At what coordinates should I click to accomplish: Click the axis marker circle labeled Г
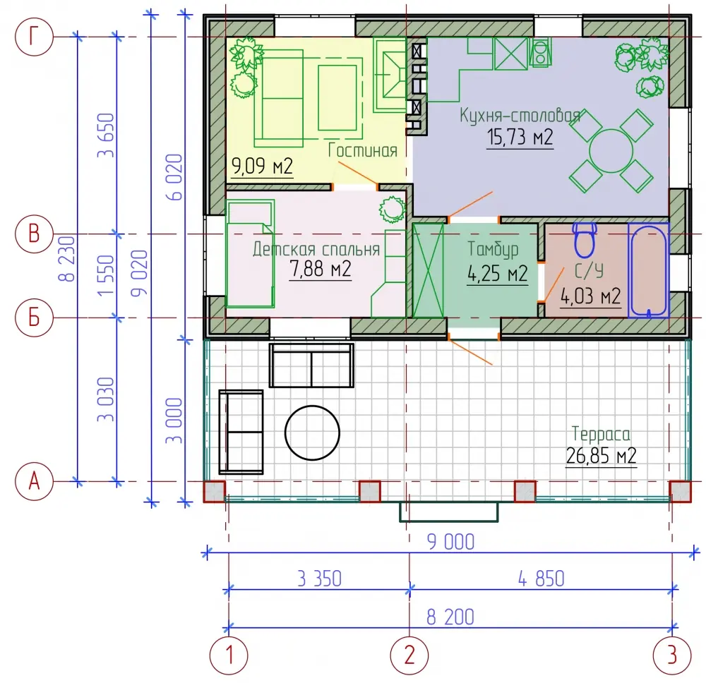(x=34, y=37)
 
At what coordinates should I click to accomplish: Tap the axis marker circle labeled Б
(x=34, y=318)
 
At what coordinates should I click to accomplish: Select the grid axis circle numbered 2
(x=409, y=655)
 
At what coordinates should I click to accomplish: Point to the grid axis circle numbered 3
(x=672, y=655)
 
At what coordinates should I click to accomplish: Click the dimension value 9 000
(x=450, y=542)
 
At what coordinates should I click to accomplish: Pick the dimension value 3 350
(x=320, y=579)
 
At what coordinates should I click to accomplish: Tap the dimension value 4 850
(x=542, y=579)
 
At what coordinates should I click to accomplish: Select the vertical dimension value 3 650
(x=107, y=135)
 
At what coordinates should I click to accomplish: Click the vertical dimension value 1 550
(x=107, y=275)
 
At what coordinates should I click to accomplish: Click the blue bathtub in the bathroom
(x=648, y=270)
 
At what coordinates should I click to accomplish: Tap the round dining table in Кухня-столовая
(x=611, y=151)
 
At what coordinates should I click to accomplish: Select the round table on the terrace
(x=312, y=433)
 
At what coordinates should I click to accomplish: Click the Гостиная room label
(x=362, y=150)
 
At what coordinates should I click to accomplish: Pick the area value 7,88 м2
(x=320, y=269)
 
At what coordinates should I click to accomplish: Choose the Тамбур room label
(x=493, y=249)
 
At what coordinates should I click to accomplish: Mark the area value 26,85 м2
(x=601, y=456)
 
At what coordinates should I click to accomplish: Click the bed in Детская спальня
(x=251, y=254)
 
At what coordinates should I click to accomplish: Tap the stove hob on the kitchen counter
(x=540, y=52)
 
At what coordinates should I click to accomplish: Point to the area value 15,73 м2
(x=520, y=137)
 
